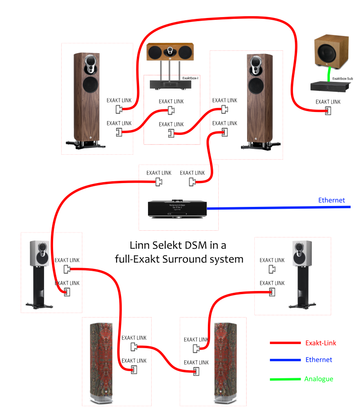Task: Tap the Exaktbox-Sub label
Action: coord(342,79)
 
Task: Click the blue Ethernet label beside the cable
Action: coord(331,200)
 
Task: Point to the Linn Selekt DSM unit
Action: coord(178,209)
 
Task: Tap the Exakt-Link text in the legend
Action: coord(320,343)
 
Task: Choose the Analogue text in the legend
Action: coord(319,379)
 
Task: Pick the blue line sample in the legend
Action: coord(285,360)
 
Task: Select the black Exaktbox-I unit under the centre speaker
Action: coord(170,84)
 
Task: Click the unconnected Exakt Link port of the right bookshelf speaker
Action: coord(272,269)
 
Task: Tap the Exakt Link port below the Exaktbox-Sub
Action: coord(328,111)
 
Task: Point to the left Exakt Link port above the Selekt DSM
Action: coord(158,182)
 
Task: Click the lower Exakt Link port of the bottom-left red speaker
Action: coord(134,369)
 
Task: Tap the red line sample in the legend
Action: coord(285,343)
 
